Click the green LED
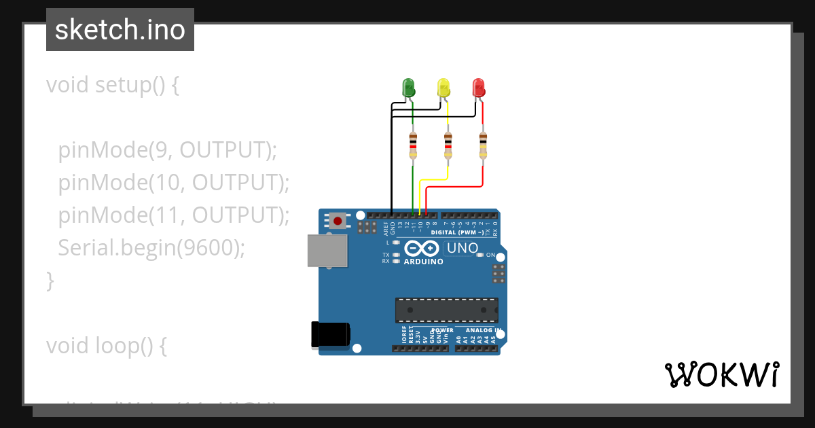(x=408, y=87)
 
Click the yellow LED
(x=443, y=87)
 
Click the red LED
(x=479, y=87)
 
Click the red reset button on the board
(x=338, y=220)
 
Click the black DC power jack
(x=330, y=334)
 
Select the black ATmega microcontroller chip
(x=447, y=310)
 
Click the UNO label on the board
(x=463, y=249)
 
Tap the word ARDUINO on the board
(x=423, y=262)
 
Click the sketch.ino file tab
(x=120, y=30)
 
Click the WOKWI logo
(x=722, y=374)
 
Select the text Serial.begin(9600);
(x=151, y=247)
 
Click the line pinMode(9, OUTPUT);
(x=167, y=149)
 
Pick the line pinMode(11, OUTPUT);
(x=173, y=215)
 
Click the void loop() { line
(x=106, y=346)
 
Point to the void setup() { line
(x=112, y=85)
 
